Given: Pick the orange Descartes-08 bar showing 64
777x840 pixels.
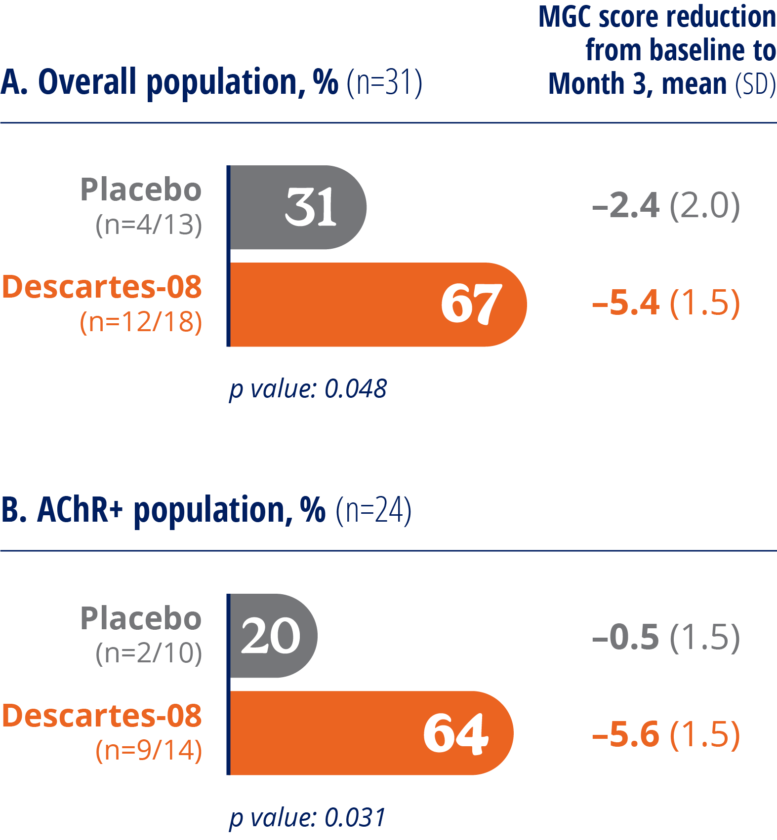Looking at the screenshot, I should pos(370,733).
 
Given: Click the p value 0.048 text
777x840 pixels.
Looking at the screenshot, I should pos(308,389).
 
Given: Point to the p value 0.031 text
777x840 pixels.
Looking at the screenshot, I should pos(307,817).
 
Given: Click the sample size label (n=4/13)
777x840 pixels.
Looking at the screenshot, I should pos(149,225).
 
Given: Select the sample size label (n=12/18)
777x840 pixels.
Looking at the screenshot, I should pos(141,322).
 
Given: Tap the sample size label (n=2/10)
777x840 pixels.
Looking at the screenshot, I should pos(149,653).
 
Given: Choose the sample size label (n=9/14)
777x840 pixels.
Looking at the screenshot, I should pos(149,751).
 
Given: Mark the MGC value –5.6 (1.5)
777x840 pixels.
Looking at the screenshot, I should pos(666,734).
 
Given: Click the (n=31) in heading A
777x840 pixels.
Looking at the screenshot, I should pos(384,82).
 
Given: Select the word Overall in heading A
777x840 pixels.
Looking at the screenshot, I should pos(87,81).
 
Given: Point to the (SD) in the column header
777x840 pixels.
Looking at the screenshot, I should pos(755,84).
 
